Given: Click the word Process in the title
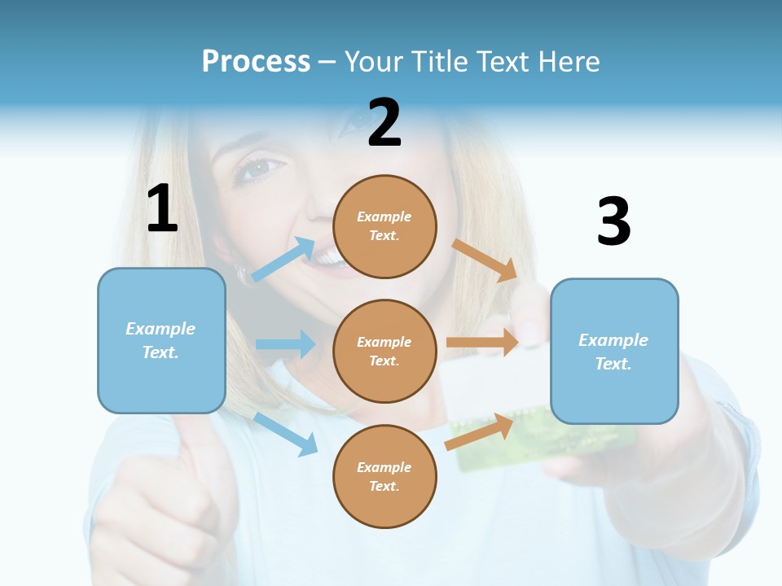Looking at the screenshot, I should [x=256, y=62].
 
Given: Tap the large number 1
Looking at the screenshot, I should [x=162, y=208].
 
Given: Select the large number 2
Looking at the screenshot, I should [x=384, y=123].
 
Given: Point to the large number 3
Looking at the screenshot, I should [x=613, y=221].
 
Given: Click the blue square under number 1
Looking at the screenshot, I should [x=161, y=340].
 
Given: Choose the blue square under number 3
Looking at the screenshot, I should [x=614, y=351].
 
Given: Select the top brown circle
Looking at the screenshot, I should [x=384, y=226].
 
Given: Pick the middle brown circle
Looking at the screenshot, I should [x=384, y=351].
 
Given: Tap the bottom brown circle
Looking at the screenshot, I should [x=384, y=476].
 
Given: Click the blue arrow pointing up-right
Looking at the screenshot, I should [x=283, y=258].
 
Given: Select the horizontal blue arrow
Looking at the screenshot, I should [x=285, y=344].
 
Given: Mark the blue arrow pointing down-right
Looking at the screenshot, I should [x=286, y=434].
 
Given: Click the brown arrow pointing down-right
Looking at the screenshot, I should [x=485, y=260].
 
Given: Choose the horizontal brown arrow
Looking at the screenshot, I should [x=482, y=343].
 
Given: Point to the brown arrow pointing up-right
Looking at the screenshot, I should [x=480, y=432].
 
